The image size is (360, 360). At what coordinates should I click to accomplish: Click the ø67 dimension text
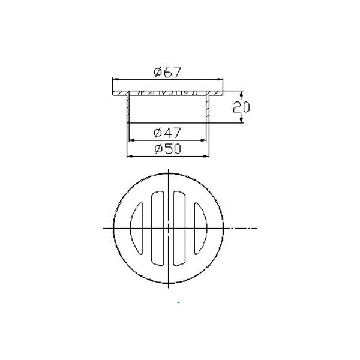click(x=167, y=73)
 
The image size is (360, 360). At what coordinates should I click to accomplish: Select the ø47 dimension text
click(x=167, y=132)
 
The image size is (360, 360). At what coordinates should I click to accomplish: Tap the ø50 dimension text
click(x=167, y=148)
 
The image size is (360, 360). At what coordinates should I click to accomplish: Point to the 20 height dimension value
click(x=241, y=107)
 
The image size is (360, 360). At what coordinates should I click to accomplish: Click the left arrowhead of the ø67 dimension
click(x=113, y=80)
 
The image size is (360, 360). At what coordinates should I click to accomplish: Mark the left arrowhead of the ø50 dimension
click(x=130, y=156)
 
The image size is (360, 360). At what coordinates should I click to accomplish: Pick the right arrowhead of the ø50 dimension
click(x=208, y=156)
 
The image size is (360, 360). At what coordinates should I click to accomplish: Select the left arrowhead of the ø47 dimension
click(x=132, y=140)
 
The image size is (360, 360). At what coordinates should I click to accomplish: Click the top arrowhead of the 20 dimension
click(x=241, y=94)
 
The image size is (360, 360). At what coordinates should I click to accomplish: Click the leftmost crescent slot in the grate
click(x=136, y=228)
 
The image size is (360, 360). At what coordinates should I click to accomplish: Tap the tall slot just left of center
click(x=157, y=229)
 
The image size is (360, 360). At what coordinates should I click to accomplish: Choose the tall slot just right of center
click(x=179, y=229)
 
